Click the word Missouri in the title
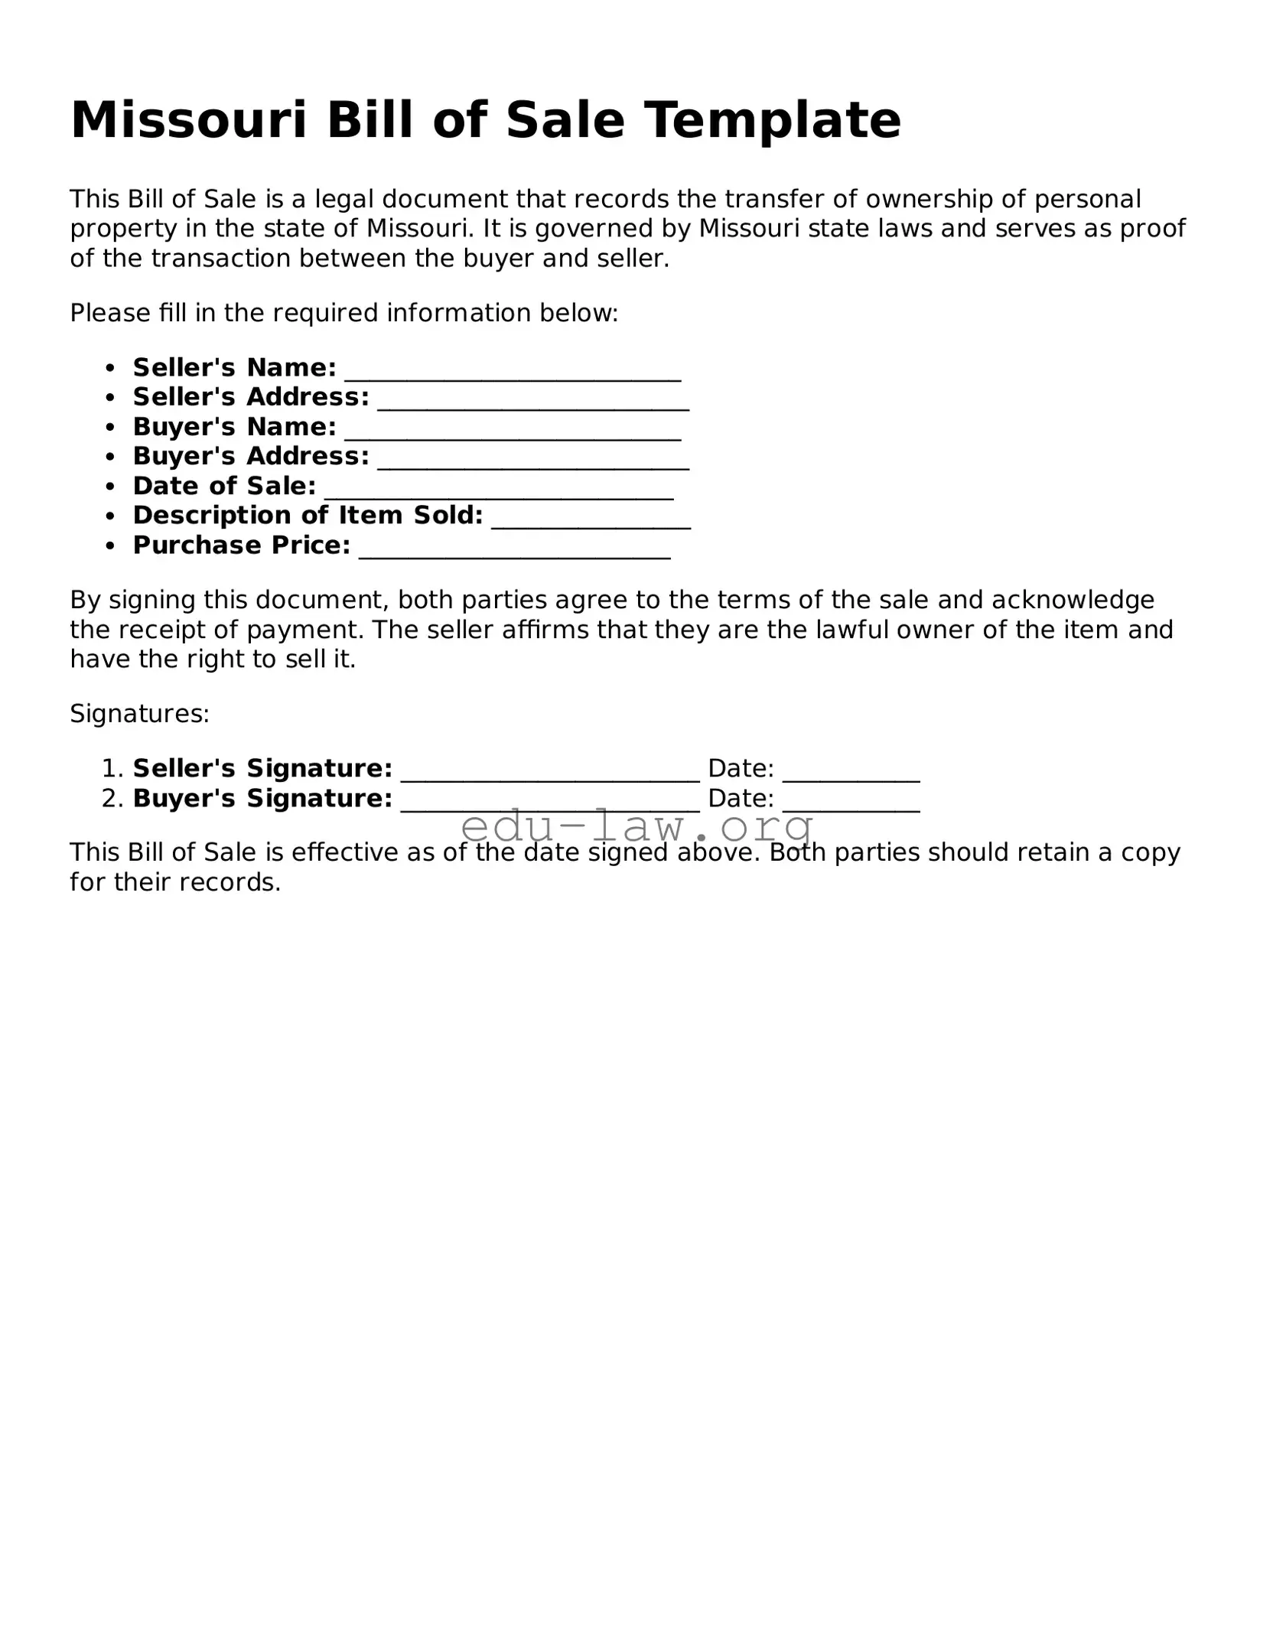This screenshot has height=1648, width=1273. click(188, 120)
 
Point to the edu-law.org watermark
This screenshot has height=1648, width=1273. click(638, 826)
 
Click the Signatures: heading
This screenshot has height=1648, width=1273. click(139, 714)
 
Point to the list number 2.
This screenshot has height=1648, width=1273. click(111, 799)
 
